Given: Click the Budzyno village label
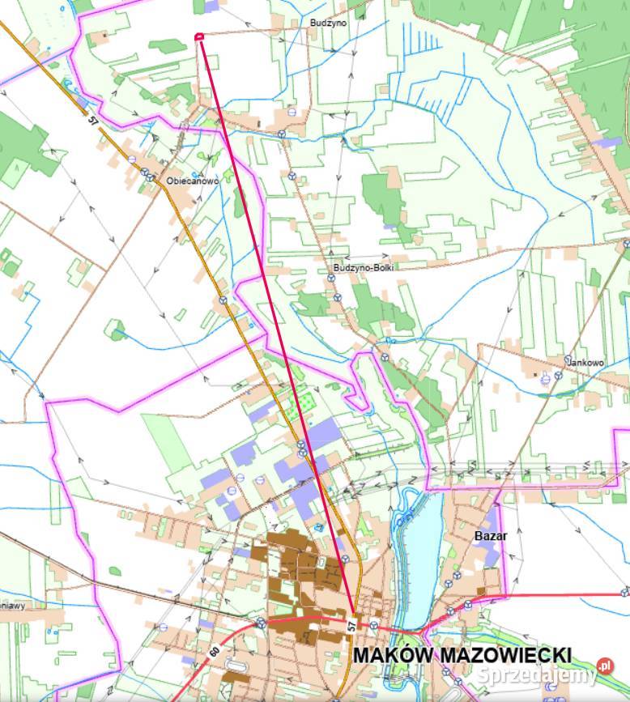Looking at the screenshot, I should pos(328,23).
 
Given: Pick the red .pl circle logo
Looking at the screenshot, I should pos(604,668).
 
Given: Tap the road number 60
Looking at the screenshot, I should pos(214,649).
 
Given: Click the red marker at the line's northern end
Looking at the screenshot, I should pos(199,36).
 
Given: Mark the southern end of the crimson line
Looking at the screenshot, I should pos(354,608).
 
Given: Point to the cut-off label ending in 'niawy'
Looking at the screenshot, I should pos(16,603).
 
